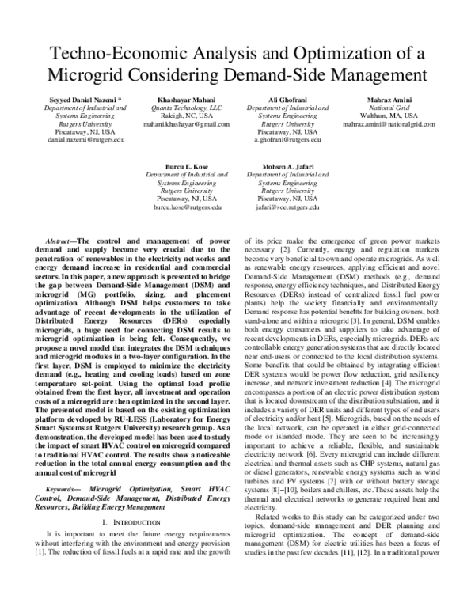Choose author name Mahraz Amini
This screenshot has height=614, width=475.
click(389, 100)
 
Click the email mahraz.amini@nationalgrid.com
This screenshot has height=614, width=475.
click(389, 124)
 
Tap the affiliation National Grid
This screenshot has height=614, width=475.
click(389, 108)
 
